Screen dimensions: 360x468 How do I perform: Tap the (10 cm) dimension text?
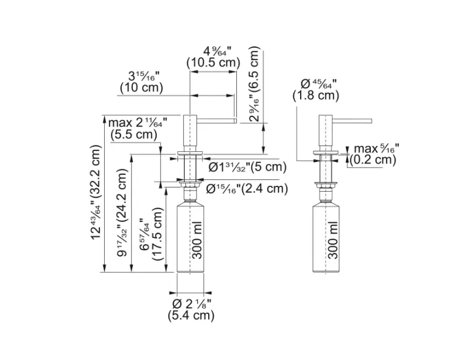click(x=141, y=88)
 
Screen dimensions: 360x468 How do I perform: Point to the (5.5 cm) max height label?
click(x=134, y=134)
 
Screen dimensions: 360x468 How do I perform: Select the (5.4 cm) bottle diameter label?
click(x=191, y=316)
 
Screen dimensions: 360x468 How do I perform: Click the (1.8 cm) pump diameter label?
click(x=316, y=95)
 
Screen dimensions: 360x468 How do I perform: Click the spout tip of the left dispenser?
click(x=233, y=120)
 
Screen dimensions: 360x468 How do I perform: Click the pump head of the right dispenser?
click(x=325, y=131)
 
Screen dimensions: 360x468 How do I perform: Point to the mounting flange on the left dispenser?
click(x=190, y=155)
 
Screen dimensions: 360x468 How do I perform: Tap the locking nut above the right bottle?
click(x=325, y=185)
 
